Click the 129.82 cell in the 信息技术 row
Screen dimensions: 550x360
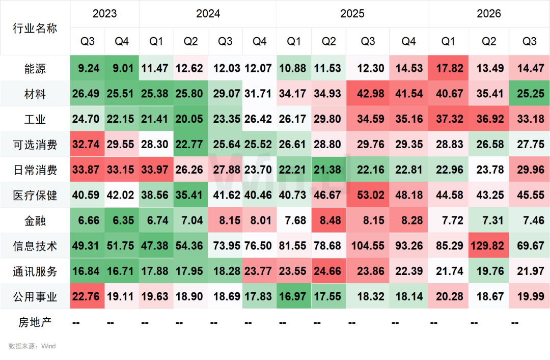tap(488, 245)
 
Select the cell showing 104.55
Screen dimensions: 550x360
tap(368, 245)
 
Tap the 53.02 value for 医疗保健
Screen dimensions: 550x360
tap(368, 195)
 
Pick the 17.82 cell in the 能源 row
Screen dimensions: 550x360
tap(448, 68)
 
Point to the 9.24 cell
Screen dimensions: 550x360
tap(88, 68)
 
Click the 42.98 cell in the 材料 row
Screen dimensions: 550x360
tap(368, 94)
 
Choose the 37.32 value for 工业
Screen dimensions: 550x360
tap(448, 119)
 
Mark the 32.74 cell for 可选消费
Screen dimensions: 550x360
tap(88, 144)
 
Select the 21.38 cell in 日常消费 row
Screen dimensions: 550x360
tap(328, 170)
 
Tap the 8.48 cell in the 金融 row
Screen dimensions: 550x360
tap(328, 220)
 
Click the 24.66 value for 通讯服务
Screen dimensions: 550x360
tap(328, 271)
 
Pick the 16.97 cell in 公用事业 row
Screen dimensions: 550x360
tap(294, 296)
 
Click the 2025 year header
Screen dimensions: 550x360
tap(352, 14)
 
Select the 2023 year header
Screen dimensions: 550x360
tap(104, 14)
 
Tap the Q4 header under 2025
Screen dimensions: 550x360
tap(408, 41)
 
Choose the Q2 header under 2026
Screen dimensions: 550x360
tap(488, 41)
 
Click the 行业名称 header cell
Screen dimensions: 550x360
tap(35, 28)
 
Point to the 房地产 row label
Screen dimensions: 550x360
tap(35, 322)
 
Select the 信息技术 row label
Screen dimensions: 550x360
tap(35, 245)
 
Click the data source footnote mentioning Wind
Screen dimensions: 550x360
tap(32, 346)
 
